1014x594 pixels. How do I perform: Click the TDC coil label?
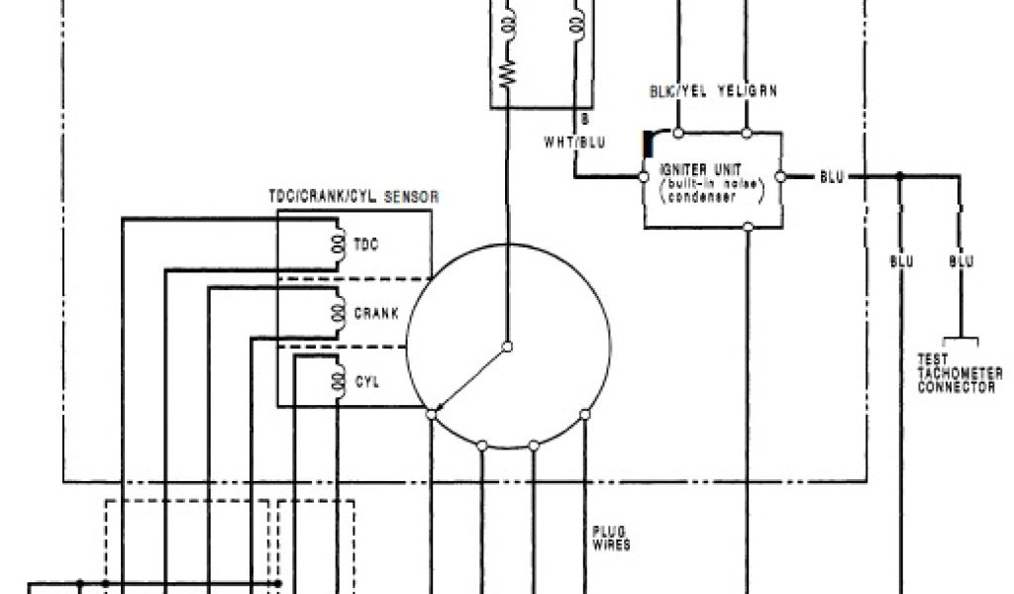point(365,245)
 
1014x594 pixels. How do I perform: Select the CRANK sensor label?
point(376,314)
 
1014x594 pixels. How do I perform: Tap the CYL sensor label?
point(365,381)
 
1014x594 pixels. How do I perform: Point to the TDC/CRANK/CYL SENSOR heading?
point(354,198)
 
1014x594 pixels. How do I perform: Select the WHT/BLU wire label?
point(573,143)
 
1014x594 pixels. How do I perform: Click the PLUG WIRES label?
point(611,538)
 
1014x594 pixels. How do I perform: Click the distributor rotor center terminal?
point(507,346)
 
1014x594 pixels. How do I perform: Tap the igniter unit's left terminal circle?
point(643,177)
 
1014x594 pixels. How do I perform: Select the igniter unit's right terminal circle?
point(781,177)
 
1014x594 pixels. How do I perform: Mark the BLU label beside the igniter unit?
point(832,177)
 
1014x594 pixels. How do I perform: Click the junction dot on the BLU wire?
point(900,177)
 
